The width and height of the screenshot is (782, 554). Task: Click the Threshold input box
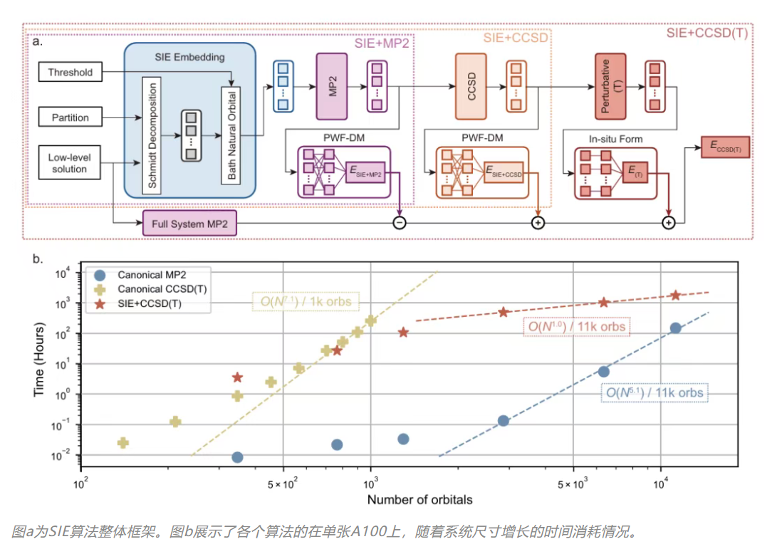point(71,72)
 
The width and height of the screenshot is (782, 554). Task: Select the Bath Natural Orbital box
point(232,135)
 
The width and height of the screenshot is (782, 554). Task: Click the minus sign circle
point(400,224)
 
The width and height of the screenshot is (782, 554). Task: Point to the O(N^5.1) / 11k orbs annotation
point(653,392)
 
